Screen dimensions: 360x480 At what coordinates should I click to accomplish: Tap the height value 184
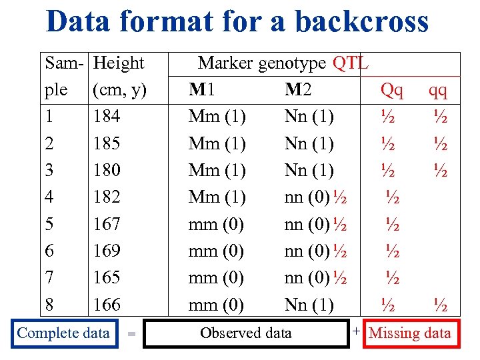[x=107, y=117]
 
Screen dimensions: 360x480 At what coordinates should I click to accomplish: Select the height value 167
[x=107, y=224]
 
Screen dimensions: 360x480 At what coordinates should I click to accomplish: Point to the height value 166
[x=107, y=305]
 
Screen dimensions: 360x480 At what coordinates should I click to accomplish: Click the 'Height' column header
[x=119, y=63]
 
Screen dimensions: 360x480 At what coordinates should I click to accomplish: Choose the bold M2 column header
[x=298, y=90]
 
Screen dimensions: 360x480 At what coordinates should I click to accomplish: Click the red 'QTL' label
[x=350, y=63]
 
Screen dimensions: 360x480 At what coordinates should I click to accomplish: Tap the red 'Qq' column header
[x=391, y=90]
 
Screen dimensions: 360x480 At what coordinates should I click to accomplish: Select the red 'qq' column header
[x=438, y=90]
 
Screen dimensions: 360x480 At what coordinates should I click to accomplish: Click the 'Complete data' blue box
[x=64, y=333]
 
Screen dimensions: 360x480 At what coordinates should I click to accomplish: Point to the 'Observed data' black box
[x=246, y=333]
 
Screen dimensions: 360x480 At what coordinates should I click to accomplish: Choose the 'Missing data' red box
[x=409, y=333]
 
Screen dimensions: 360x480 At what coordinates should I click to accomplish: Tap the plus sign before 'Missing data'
[x=357, y=331]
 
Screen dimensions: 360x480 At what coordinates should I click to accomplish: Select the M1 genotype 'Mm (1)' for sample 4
[x=217, y=197]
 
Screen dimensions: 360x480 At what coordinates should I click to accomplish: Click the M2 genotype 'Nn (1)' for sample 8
[x=309, y=305]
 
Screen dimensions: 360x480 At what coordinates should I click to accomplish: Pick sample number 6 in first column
[x=50, y=251]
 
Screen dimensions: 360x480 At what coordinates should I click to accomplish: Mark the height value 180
[x=107, y=171]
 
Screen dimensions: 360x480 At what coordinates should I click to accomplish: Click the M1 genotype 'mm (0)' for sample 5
[x=217, y=224]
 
